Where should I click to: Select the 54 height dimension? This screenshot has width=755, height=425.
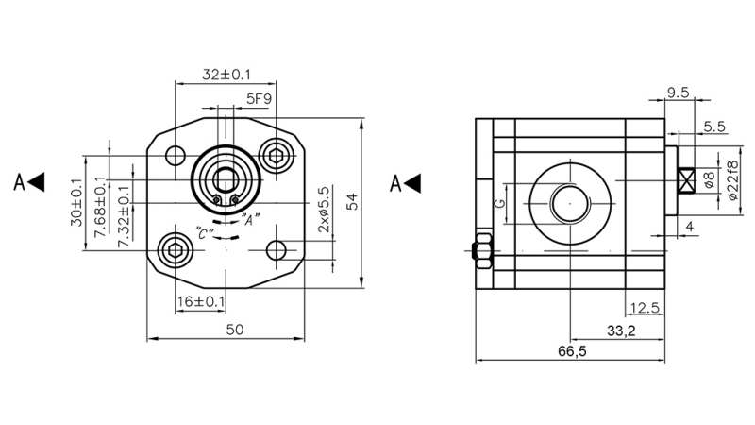[352, 201]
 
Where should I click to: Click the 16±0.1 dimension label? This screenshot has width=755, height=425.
[201, 301]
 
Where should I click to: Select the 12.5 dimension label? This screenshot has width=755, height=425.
[645, 307]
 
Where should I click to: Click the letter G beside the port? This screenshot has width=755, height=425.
[501, 202]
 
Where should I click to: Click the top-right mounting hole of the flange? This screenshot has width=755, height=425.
[277, 156]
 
